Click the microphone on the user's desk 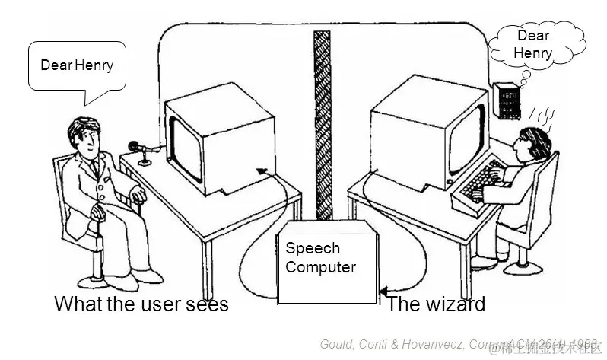[x=134, y=146]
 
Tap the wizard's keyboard [x=477, y=186]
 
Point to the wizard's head [x=534, y=144]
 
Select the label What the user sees [x=141, y=304]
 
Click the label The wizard [x=436, y=304]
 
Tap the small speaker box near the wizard [x=505, y=100]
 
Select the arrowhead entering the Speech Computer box [x=383, y=291]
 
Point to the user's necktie [x=94, y=167]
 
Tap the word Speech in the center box [x=313, y=248]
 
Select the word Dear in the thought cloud [x=532, y=36]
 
